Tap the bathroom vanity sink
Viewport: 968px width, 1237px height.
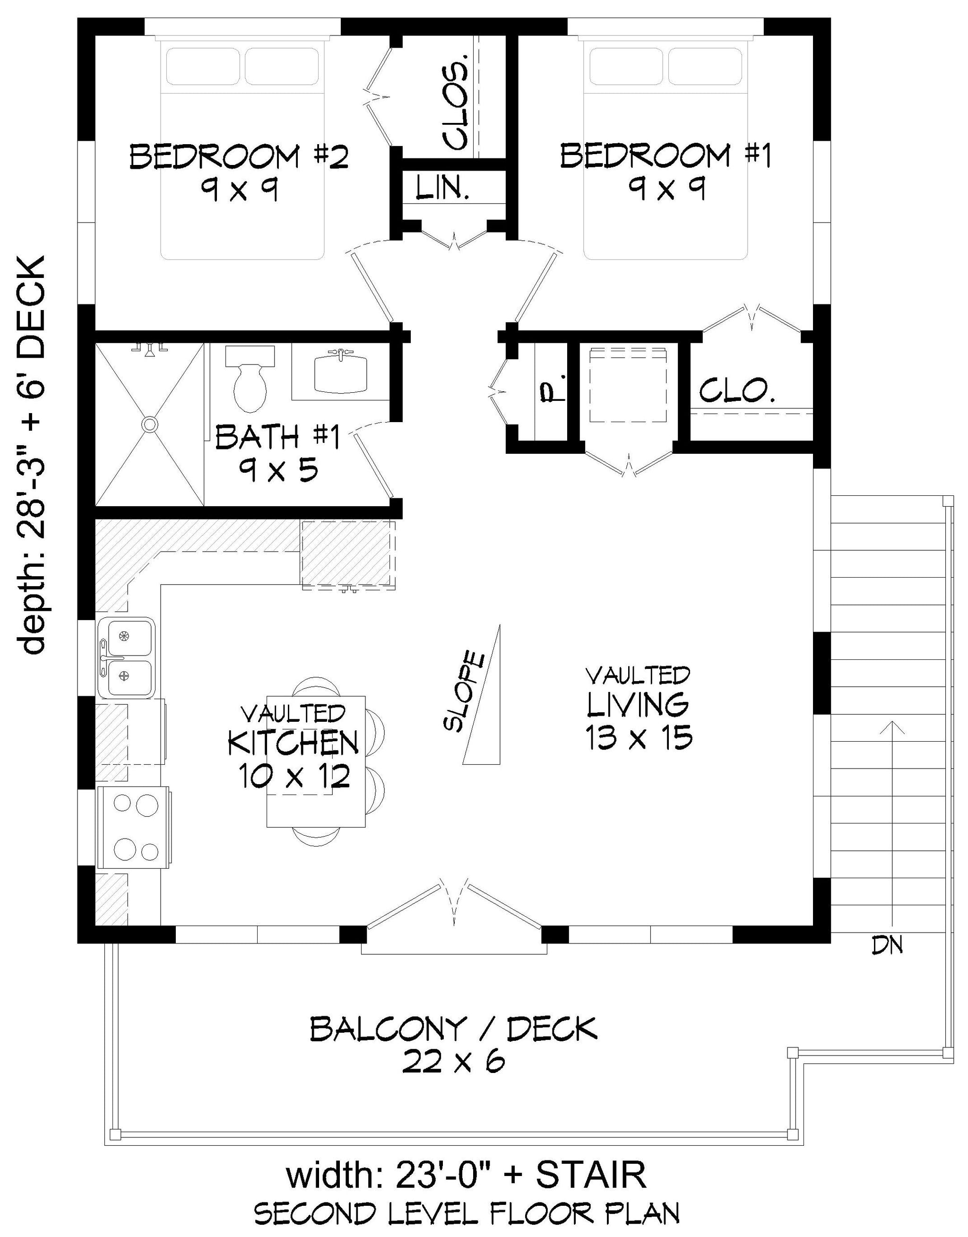(341, 371)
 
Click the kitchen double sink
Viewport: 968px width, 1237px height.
(126, 657)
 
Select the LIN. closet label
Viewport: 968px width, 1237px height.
(442, 188)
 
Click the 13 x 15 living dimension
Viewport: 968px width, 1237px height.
(639, 738)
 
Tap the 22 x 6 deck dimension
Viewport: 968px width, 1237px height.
(453, 1061)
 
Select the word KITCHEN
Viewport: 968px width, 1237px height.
(293, 744)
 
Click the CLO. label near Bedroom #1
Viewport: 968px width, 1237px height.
(737, 390)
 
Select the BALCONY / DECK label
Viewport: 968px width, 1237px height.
(453, 1029)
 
